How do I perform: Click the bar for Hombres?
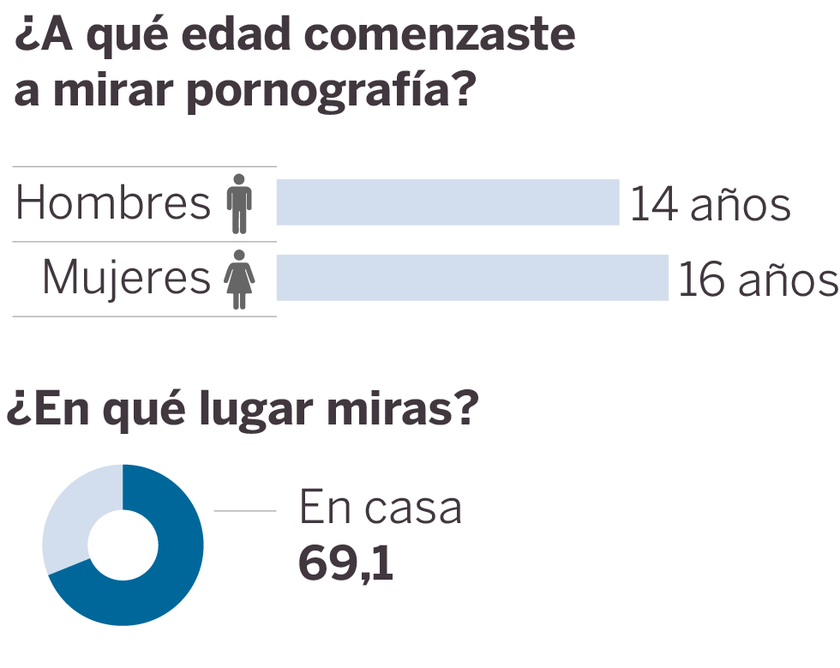[447, 202]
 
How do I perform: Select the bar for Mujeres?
[471, 278]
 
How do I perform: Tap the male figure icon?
[240, 203]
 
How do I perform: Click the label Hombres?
[113, 203]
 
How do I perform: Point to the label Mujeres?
[126, 279]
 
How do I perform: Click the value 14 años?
[710, 205]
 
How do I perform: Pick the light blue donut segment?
[73, 515]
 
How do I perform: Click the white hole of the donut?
[123, 545]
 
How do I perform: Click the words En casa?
[380, 508]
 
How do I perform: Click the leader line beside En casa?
[245, 511]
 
